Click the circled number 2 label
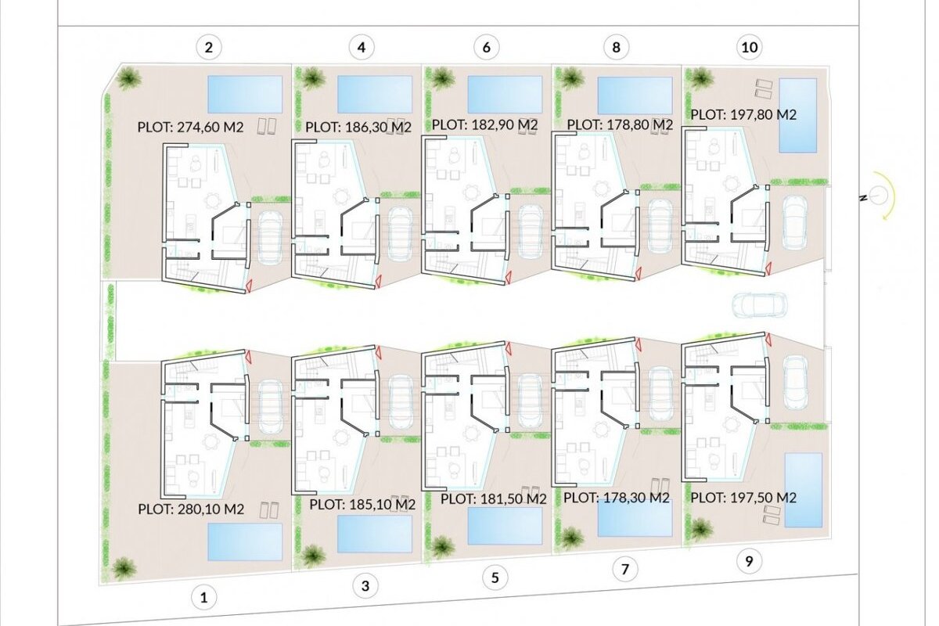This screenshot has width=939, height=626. click(209, 48)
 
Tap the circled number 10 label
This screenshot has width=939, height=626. click(750, 47)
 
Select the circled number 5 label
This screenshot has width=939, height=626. click(495, 577)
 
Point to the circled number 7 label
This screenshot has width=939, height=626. click(625, 569)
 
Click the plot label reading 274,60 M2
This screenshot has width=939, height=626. click(190, 127)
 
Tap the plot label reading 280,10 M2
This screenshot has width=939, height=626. click(191, 509)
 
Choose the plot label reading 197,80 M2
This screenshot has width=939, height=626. click(743, 114)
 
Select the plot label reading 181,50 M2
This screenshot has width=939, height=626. click(494, 498)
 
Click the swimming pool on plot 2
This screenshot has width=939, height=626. click(245, 95)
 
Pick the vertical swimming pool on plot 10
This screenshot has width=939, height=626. click(797, 115)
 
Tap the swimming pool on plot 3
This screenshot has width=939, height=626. click(374, 534)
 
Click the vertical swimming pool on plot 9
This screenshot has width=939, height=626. click(803, 490)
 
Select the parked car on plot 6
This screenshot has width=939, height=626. click(531, 232)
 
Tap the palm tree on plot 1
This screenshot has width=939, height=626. click(124, 568)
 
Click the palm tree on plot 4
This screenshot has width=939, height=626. click(311, 78)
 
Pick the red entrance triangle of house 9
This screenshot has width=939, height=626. click(768, 338)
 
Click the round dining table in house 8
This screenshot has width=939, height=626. click(602, 189)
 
